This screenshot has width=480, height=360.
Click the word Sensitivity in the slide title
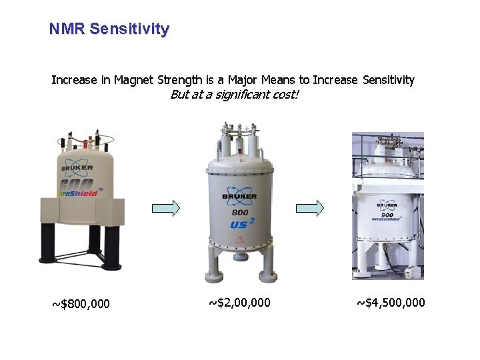click(x=129, y=29)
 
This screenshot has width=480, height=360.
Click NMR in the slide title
click(x=67, y=29)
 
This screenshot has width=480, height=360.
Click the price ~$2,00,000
click(x=240, y=303)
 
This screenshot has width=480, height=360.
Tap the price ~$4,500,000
click(x=391, y=303)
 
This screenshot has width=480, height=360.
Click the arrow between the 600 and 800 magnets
click(x=166, y=209)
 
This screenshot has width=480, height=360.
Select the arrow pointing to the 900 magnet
click(x=310, y=208)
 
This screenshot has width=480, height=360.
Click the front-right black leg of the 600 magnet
click(x=112, y=248)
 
